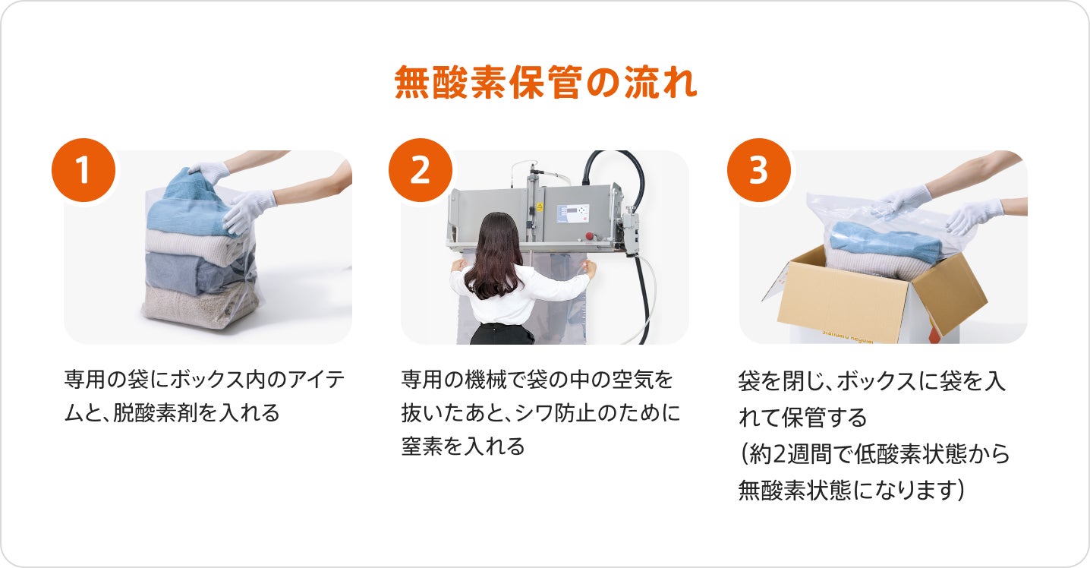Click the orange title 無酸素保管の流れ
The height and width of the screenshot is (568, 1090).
[x=546, y=82]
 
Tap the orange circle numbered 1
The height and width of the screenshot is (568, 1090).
[x=83, y=170]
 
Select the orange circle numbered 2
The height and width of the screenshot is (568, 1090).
[x=421, y=170]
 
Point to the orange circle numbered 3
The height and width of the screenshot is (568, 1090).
[x=758, y=170]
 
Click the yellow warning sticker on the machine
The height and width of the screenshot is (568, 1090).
[x=539, y=207]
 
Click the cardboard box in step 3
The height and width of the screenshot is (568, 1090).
[x=871, y=297]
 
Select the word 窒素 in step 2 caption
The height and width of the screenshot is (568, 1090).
[x=422, y=446]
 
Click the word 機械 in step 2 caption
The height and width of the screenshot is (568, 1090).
[x=486, y=380]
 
